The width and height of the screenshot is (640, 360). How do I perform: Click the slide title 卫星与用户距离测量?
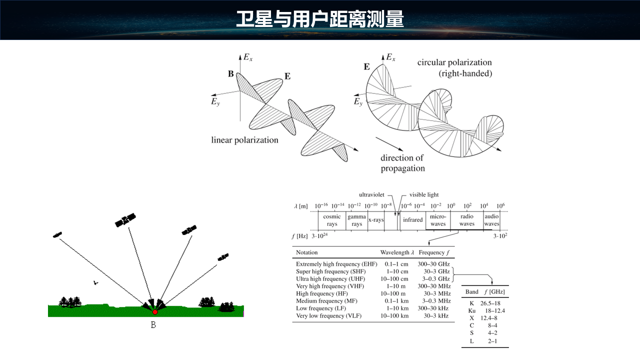pos(319,19)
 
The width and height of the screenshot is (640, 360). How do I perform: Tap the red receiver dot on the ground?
pos(155,312)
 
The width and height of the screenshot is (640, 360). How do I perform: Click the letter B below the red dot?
pos(153,325)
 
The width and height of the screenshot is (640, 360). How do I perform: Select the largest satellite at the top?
pos(125,220)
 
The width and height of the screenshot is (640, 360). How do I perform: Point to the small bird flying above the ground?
pos(95,283)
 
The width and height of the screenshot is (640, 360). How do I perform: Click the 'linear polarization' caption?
pos(244,140)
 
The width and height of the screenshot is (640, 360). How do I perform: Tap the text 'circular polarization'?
pos(454,62)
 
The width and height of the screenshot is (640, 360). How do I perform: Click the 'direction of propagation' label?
pos(402,163)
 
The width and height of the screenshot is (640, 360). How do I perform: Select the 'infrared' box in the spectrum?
pos(412,219)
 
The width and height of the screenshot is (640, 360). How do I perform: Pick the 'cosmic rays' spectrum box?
pos(331,220)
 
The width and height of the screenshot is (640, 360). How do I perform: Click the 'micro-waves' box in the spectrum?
pos(438,220)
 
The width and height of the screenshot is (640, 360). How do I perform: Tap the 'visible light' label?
pos(424,195)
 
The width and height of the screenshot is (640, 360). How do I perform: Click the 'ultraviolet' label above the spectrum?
pos(371,195)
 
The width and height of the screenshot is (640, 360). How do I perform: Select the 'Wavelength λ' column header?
pos(397,252)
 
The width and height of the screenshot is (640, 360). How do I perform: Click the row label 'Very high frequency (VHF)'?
pos(330,286)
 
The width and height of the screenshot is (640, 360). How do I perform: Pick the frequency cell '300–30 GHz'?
pos(433,264)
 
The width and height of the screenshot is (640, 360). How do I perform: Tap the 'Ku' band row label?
pos(471,311)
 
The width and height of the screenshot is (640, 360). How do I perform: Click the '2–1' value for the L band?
pos(492,341)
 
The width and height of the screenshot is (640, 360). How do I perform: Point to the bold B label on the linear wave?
pos(231,74)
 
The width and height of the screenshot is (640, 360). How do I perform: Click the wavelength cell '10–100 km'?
pos(394,316)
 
